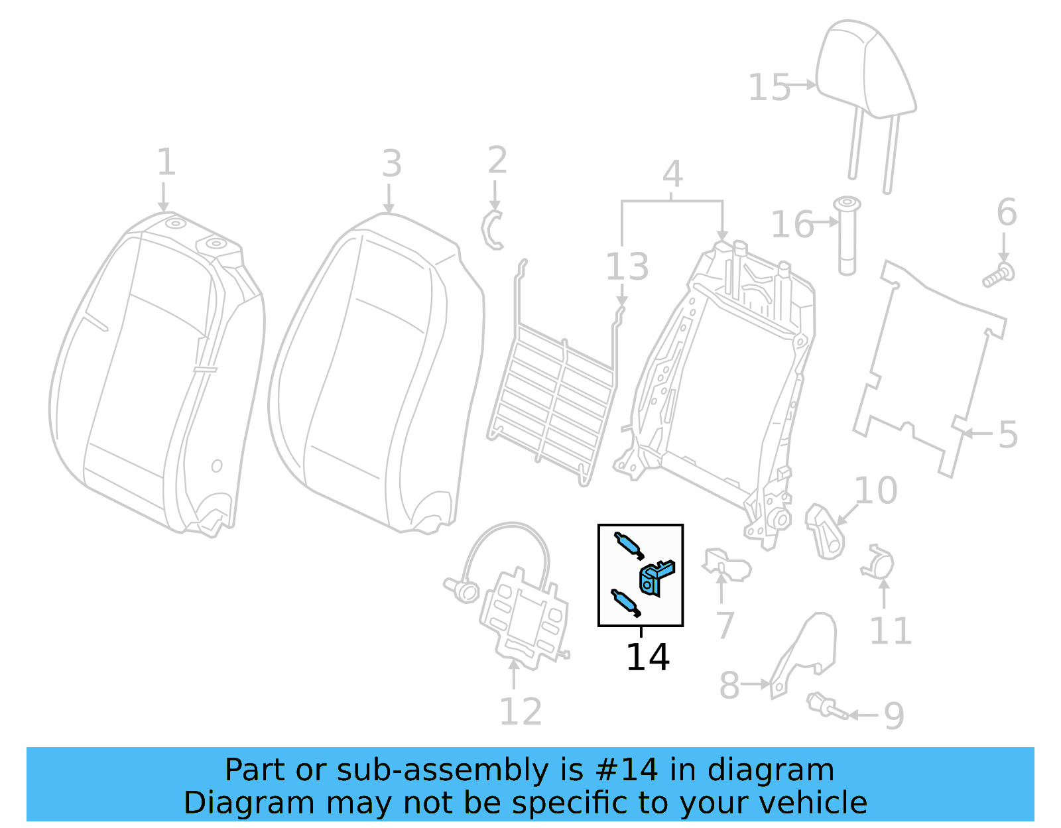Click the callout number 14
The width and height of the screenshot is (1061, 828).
647,657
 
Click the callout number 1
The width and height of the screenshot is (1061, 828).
166,162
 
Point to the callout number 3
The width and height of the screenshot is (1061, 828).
391,164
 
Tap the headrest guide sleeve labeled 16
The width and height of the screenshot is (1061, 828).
847,235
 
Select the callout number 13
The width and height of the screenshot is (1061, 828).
627,266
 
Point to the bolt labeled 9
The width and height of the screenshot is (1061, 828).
825,706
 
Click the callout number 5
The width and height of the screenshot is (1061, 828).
1007,435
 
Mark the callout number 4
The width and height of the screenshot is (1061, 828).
672,174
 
